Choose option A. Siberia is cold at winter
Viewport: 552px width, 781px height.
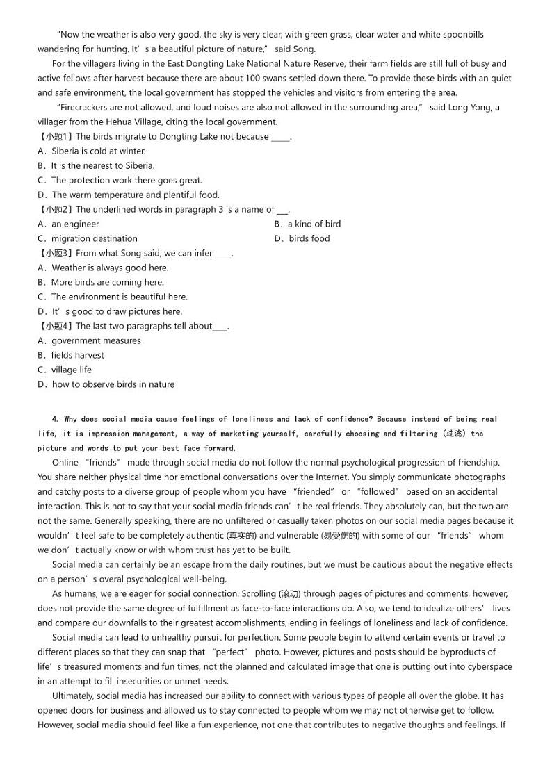click(x=92, y=151)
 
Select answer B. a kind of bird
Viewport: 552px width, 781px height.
click(x=307, y=224)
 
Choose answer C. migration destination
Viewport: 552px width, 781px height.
click(x=88, y=239)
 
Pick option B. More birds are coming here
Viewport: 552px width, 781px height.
click(x=101, y=283)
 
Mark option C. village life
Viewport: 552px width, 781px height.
click(x=65, y=370)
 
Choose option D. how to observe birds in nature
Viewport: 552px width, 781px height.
click(x=106, y=385)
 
